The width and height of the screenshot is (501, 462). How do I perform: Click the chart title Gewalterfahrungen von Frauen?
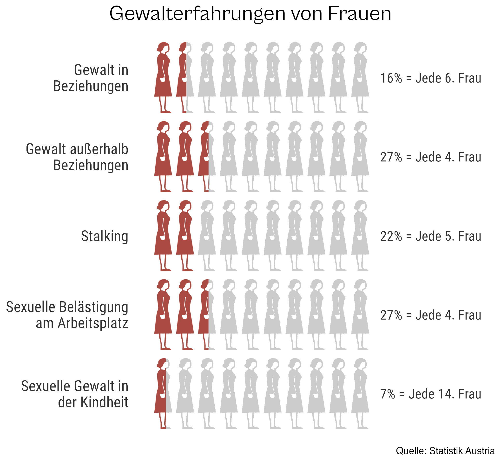pyautogui.click(x=250, y=14)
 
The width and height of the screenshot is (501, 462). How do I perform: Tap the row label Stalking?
pyautogui.click(x=105, y=236)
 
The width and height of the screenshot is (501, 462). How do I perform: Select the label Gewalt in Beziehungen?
pyautogui.click(x=91, y=78)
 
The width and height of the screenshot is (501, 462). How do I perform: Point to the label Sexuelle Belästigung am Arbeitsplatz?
pyautogui.click(x=67, y=315)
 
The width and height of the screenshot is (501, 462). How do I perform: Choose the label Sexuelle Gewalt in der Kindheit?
pyautogui.click(x=75, y=394)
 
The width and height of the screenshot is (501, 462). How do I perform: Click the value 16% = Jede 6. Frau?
pyautogui.click(x=430, y=78)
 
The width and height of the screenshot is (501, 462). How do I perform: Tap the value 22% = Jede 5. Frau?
pyautogui.click(x=430, y=236)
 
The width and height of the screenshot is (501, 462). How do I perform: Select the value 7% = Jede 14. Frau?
pyautogui.click(x=430, y=394)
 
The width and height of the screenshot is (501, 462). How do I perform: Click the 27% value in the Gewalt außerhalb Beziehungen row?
pyautogui.click(x=430, y=157)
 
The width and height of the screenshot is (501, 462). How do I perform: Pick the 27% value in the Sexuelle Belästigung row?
pyautogui.click(x=430, y=315)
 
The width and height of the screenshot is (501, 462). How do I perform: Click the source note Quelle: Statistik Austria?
pyautogui.click(x=445, y=451)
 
